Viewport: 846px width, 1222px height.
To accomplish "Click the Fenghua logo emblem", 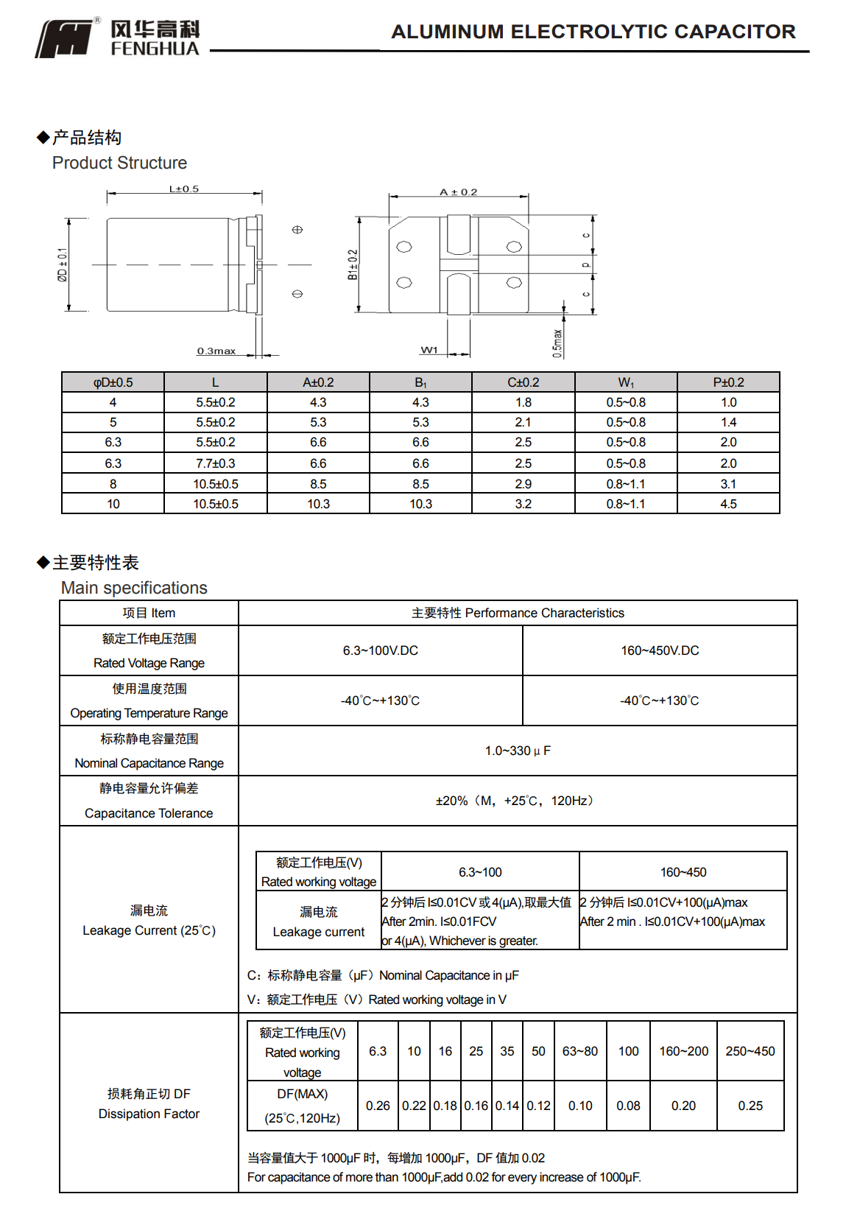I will tap(65, 38).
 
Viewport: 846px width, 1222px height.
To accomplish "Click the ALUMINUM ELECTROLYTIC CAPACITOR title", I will tap(593, 32).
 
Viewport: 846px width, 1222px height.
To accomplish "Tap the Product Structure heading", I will tap(119, 163).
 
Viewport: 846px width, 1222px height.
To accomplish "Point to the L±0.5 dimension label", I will tap(184, 189).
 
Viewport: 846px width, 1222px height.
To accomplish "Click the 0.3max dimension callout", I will tap(216, 351).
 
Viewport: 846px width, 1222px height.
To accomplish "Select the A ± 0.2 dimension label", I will tap(458, 192).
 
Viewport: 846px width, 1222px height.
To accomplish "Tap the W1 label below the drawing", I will tap(429, 350).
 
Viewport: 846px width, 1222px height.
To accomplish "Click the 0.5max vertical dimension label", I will tap(557, 343).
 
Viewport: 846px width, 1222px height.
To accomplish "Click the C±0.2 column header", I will tap(523, 382).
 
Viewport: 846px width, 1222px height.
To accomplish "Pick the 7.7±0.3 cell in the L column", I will tap(215, 463).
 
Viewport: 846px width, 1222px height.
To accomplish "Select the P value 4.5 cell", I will tap(728, 504).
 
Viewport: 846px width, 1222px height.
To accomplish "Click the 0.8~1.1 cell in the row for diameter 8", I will tap(625, 484).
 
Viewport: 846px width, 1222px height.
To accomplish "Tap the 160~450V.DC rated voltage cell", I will tap(660, 650).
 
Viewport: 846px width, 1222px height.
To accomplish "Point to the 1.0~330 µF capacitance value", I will tap(518, 751).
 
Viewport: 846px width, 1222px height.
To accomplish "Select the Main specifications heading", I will tap(134, 588).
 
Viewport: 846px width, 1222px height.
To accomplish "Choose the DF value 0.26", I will tap(378, 1106).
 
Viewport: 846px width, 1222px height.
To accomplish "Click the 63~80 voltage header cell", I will tap(579, 1051).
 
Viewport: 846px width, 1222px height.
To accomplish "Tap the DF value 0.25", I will tap(750, 1106).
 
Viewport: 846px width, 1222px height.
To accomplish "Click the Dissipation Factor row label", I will tap(149, 1114).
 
